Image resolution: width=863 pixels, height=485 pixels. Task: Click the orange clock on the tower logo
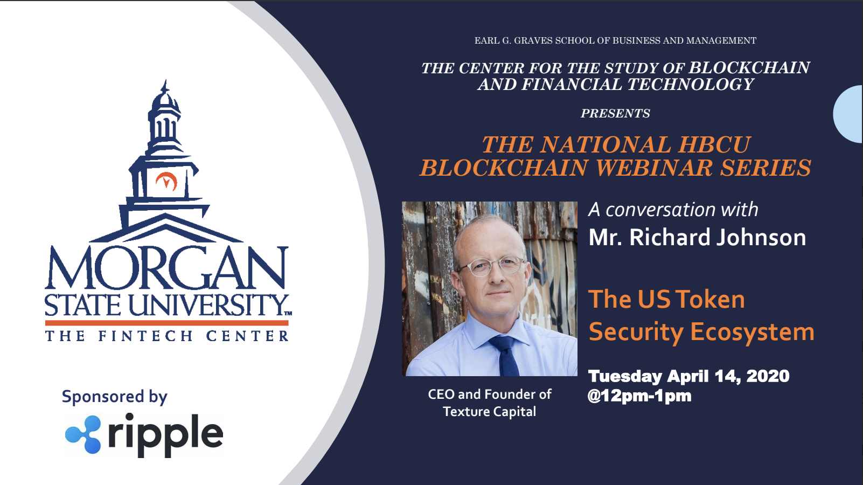166,181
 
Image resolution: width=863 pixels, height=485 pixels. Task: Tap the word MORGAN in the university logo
166,268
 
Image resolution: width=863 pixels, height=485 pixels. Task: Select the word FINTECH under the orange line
145,336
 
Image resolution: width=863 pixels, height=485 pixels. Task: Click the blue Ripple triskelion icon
83,434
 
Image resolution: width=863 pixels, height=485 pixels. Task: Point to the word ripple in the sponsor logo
166,435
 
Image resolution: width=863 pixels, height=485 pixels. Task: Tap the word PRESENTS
615,113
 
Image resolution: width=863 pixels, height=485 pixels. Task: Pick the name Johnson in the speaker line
761,237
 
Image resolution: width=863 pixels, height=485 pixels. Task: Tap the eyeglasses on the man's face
490,266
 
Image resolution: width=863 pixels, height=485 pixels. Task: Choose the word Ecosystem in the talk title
752,332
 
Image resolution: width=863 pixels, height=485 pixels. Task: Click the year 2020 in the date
768,376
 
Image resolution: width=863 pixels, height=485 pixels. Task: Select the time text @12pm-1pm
639,396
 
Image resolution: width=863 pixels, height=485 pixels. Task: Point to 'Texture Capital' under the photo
489,412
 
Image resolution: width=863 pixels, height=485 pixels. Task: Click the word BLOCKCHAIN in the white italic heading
749,68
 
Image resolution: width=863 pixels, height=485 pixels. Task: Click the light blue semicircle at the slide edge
847,114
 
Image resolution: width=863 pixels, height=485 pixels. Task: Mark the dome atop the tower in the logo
165,100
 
